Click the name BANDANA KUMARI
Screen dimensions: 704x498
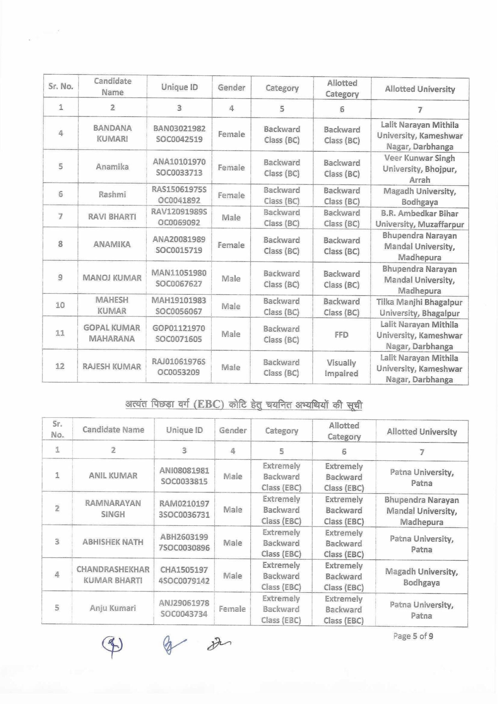click(112, 133)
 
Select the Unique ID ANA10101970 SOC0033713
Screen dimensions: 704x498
click(179, 167)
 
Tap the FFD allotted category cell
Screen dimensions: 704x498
click(341, 334)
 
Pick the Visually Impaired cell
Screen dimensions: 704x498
click(341, 368)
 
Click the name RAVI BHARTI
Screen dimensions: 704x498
click(112, 217)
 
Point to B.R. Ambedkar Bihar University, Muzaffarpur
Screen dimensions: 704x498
click(419, 218)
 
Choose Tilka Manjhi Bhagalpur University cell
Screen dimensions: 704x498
click(419, 307)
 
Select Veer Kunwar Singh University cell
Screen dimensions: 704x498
click(419, 169)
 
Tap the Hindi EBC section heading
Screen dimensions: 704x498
click(244, 405)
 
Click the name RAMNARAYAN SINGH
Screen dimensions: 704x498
click(113, 508)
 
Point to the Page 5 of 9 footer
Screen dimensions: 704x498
click(413, 636)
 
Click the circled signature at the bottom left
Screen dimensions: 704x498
click(112, 645)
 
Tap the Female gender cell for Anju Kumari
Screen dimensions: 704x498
click(232, 609)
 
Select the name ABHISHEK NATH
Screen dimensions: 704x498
click(113, 542)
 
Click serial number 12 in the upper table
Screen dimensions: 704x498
click(60, 366)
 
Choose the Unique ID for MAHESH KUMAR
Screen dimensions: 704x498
click(179, 306)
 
